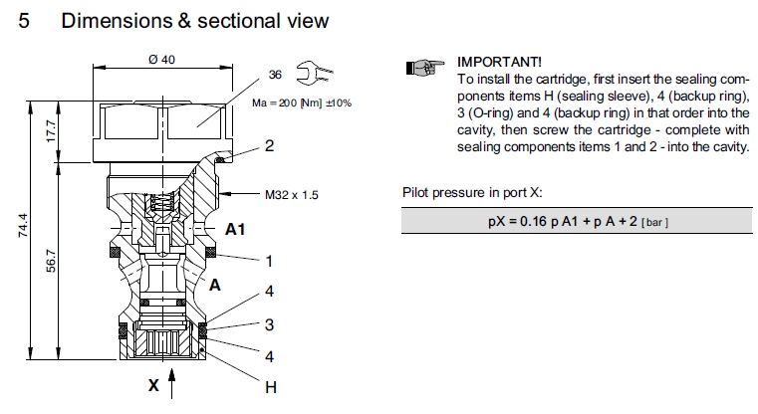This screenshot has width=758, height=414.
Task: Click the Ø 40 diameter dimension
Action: point(161,60)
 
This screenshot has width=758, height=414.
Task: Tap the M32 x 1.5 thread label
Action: point(292,195)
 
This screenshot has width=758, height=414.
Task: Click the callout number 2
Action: point(269,146)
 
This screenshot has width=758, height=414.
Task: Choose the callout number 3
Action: point(269,323)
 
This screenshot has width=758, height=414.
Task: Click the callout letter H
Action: point(270,387)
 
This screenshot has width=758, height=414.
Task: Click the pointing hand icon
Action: point(423,68)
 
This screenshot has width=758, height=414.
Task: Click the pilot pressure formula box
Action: point(578,220)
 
